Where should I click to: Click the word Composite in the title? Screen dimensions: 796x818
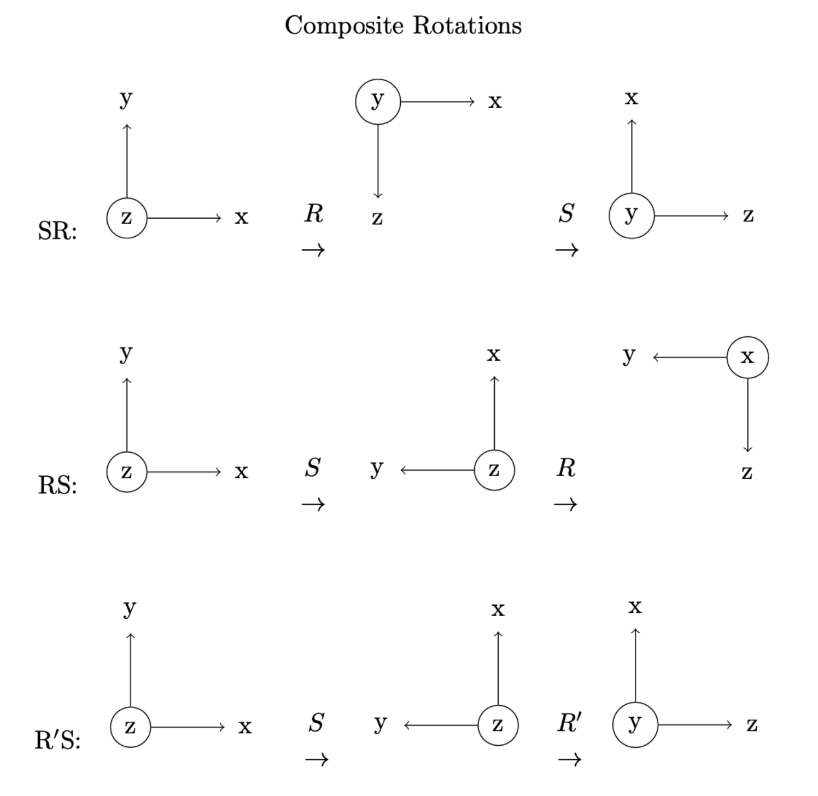tap(344, 26)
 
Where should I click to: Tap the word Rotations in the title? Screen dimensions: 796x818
tap(467, 25)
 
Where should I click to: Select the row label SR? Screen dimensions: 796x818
tap(57, 231)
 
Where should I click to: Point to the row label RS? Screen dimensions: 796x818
tap(57, 485)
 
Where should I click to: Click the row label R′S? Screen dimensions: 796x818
tap(57, 741)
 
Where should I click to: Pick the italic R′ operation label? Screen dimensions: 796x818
tap(569, 723)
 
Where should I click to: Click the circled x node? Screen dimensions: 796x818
tap(747, 357)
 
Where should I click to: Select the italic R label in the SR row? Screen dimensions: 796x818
tap(314, 213)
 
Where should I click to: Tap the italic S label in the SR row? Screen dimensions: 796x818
tap(566, 213)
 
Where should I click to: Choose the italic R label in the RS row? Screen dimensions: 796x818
tap(566, 468)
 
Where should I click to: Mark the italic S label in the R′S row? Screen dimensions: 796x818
tap(316, 723)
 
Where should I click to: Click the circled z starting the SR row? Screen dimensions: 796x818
tap(127, 218)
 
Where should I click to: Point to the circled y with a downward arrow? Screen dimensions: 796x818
tap(378, 102)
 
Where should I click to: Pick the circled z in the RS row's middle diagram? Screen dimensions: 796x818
tap(494, 470)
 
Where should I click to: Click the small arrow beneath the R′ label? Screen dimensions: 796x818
tap(569, 759)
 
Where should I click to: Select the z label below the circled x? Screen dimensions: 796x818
tap(747, 472)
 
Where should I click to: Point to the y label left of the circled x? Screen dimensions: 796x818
tap(629, 355)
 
